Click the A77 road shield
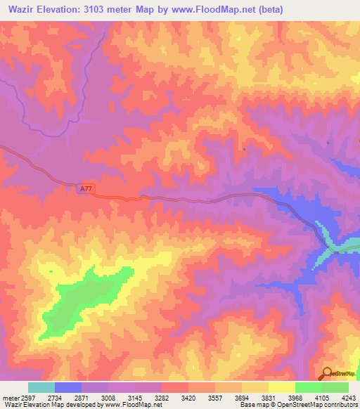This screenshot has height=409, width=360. point(85,188)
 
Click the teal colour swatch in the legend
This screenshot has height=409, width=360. point(41,387)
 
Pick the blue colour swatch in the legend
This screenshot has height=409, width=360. point(68,387)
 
